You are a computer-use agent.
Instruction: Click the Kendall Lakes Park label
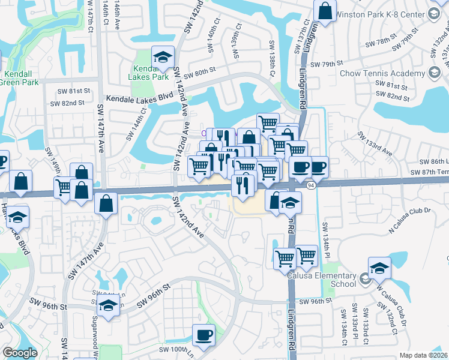pos(148,73)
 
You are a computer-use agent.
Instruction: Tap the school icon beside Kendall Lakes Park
pos(162,58)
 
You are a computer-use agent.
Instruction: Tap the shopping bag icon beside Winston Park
pos(324,12)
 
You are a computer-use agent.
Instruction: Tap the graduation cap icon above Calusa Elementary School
pos(379,268)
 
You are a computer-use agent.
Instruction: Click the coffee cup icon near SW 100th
pos(203,335)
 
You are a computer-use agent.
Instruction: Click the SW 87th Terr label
pos(429,172)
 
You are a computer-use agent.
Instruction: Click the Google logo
pos(20,353)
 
